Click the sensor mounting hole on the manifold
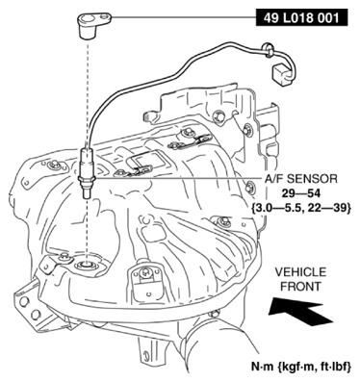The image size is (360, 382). point(88,262)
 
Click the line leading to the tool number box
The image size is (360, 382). point(183,17)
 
